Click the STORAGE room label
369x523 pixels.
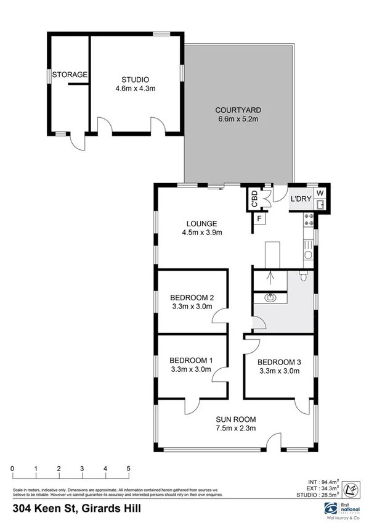tap(70, 75)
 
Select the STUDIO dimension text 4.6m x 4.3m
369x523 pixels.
tap(136, 88)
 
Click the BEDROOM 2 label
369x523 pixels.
tap(191, 297)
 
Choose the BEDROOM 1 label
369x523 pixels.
tap(191, 361)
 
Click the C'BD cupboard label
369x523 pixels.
tap(254, 199)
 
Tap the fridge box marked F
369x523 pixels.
tap(260, 218)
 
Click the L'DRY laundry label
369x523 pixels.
tap(301, 199)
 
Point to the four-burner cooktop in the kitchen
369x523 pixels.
tap(309, 220)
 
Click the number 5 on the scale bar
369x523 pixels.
tap(128, 469)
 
